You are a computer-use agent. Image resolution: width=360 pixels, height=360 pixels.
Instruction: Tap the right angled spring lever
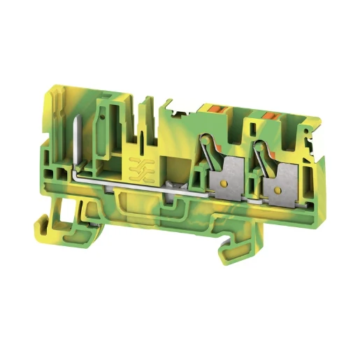266,157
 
